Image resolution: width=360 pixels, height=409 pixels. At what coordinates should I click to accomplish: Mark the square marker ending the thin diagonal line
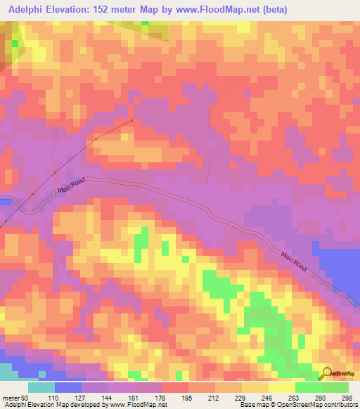[x=131, y=121]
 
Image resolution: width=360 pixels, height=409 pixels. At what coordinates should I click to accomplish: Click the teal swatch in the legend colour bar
[x=41, y=387]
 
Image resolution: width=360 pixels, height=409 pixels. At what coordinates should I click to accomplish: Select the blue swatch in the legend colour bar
[x=68, y=387]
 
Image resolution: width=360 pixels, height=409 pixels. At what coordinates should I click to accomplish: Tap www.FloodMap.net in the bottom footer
[x=138, y=405]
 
